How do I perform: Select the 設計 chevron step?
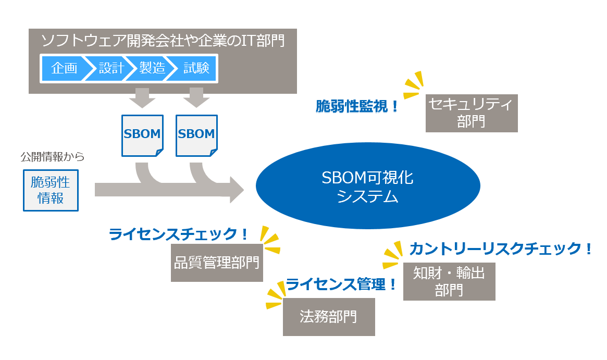tap(110, 68)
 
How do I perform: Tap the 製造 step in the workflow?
tap(152, 68)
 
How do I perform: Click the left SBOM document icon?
tap(142, 135)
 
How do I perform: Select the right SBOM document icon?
tap(196, 135)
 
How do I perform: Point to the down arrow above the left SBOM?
tap(142, 97)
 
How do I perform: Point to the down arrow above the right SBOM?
tap(196, 97)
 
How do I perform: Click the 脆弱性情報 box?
tap(51, 190)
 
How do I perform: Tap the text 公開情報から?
tap(52, 156)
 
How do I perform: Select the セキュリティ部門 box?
tap(471, 113)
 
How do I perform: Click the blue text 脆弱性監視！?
tap(358, 107)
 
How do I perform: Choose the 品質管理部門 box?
tap(217, 263)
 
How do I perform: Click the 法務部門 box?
tap(329, 317)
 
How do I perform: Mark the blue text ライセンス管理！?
tap(341, 284)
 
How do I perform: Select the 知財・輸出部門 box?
tap(449, 281)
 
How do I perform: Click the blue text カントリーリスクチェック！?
tap(501, 249)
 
